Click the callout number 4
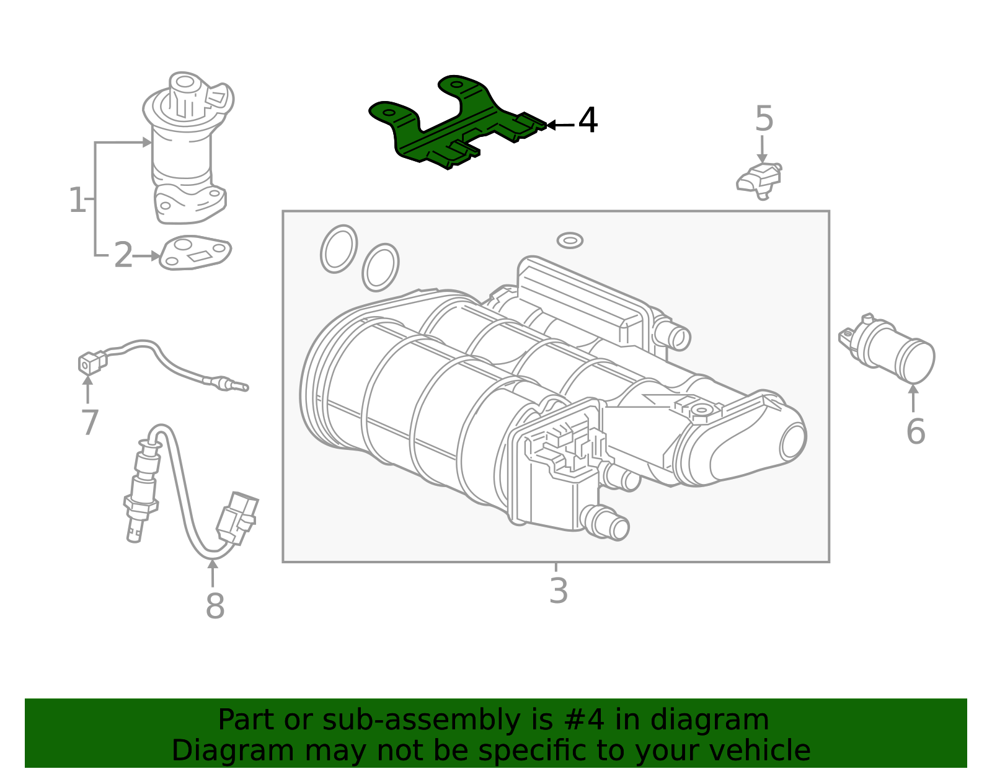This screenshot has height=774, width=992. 588,120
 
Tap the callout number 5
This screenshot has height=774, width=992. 764,118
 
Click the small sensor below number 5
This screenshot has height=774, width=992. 759,181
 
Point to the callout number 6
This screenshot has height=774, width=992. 915,431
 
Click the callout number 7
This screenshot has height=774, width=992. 89,423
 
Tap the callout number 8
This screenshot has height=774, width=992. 215,606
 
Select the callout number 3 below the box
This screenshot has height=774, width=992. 559,591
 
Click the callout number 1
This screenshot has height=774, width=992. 77,200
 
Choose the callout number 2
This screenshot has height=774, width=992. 123,255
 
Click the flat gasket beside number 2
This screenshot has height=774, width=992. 195,252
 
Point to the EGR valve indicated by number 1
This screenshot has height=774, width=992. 187,148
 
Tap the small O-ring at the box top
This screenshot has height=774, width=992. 570,240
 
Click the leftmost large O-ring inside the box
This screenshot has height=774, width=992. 339,249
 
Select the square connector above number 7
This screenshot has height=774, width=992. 92,363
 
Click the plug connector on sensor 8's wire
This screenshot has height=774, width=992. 237,519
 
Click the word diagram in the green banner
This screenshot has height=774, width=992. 709,720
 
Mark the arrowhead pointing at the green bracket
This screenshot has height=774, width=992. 551,125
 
